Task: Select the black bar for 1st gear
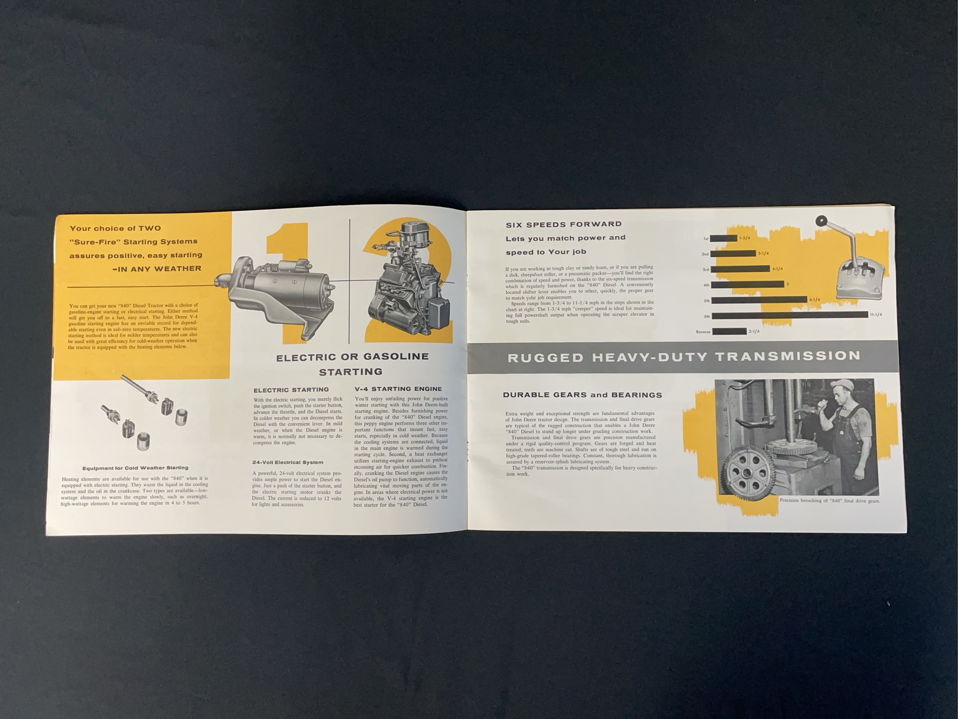click(x=724, y=238)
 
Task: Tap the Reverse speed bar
click(x=729, y=331)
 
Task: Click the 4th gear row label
click(x=706, y=285)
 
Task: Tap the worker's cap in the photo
click(x=840, y=384)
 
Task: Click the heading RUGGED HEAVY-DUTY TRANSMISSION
click(x=684, y=356)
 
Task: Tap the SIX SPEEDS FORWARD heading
click(x=564, y=224)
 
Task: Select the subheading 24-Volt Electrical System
click(x=288, y=462)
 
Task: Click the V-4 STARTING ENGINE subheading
click(x=398, y=389)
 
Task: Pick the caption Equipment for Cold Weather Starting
click(x=135, y=468)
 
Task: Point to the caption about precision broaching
click(x=829, y=500)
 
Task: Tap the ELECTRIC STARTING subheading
click(x=291, y=390)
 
